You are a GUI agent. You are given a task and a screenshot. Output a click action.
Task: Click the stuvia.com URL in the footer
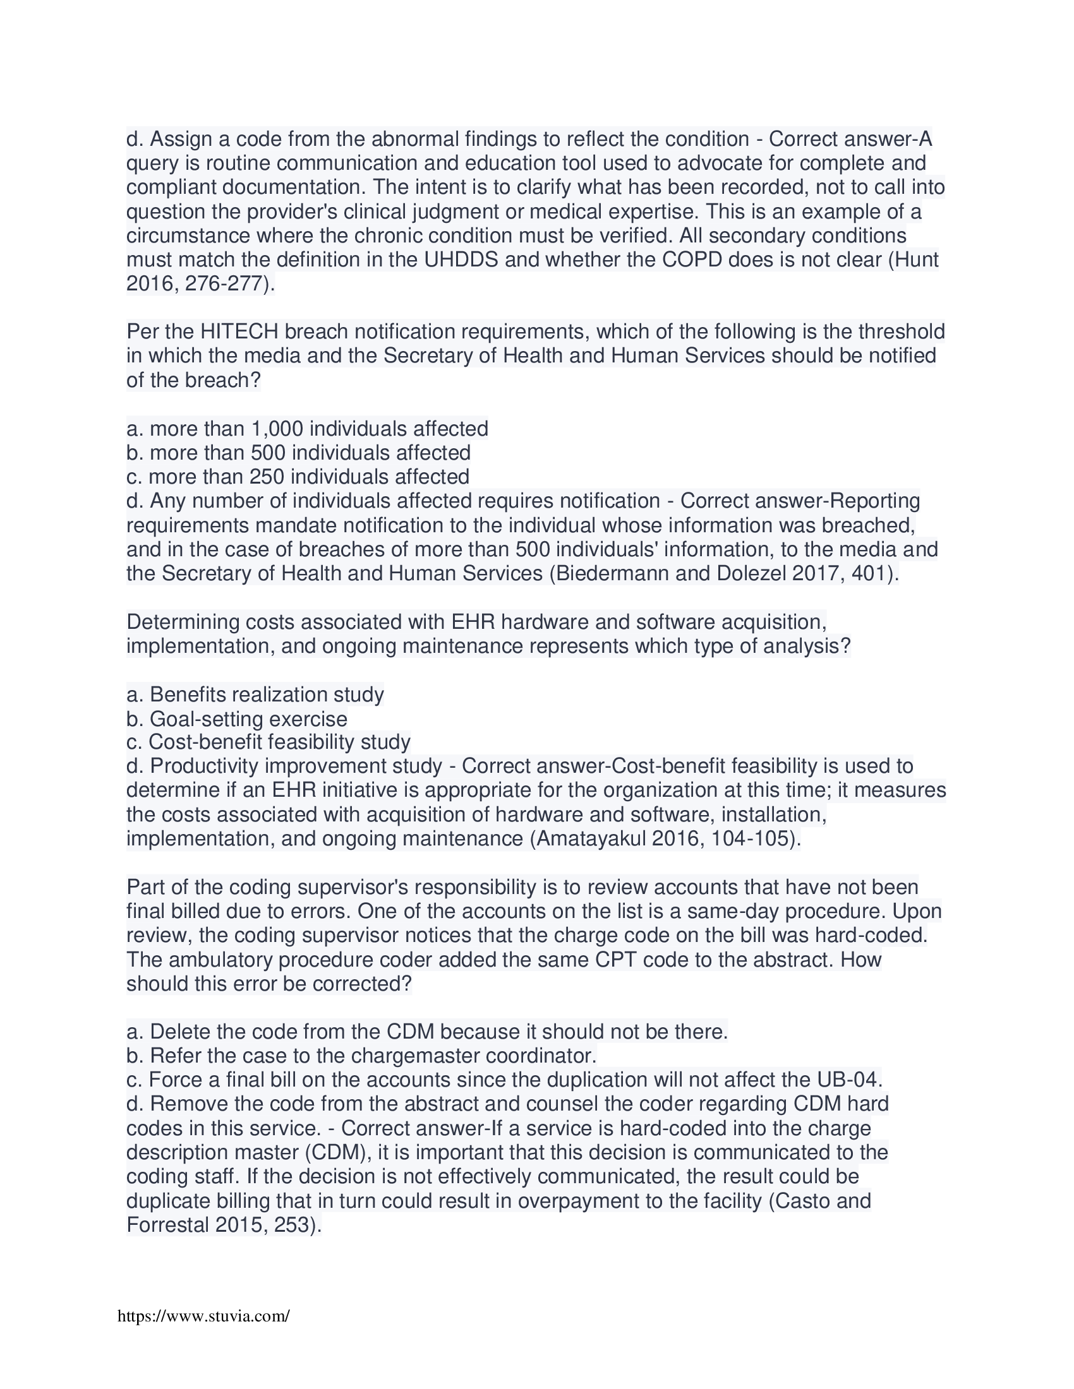pos(203,1316)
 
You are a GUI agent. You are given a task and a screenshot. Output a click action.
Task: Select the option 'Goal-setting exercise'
pos(248,718)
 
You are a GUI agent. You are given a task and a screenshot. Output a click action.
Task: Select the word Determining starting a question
pos(183,621)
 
